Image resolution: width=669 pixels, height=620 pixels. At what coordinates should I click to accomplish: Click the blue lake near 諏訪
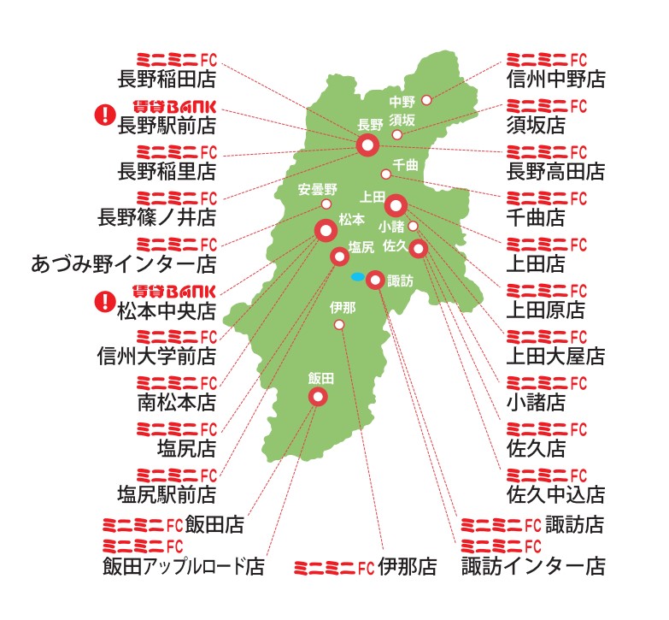click(x=356, y=276)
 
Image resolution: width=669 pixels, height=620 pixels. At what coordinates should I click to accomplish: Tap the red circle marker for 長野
click(x=368, y=145)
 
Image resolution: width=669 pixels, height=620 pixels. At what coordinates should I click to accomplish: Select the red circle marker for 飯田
click(x=318, y=396)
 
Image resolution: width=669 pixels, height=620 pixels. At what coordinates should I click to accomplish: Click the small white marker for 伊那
click(x=339, y=325)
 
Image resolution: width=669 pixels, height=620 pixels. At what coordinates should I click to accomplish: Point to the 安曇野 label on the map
click(x=319, y=189)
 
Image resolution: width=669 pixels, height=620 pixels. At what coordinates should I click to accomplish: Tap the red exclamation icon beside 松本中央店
click(x=104, y=300)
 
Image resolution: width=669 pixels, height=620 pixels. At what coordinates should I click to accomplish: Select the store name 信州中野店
click(x=555, y=79)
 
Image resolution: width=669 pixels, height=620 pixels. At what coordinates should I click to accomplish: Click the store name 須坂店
click(x=536, y=126)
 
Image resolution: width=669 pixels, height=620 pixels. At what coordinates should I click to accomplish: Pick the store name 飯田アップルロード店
click(x=183, y=566)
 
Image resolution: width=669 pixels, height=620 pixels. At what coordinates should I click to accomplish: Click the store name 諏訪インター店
click(x=533, y=566)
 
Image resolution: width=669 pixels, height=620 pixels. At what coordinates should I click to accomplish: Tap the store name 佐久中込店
click(x=555, y=493)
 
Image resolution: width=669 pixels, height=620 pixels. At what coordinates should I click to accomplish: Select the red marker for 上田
click(x=396, y=205)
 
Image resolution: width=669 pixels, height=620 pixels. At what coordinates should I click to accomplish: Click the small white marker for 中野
click(x=426, y=100)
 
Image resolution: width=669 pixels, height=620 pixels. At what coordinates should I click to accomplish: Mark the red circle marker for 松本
click(x=326, y=230)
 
